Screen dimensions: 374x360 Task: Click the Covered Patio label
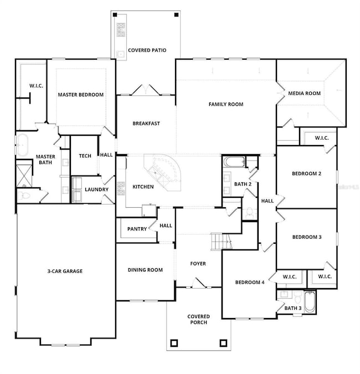coord(147,50)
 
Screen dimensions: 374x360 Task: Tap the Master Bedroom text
coord(81,95)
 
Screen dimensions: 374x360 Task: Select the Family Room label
coord(225,104)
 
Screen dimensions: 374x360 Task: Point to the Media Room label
coord(304,94)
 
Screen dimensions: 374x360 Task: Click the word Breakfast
coord(146,123)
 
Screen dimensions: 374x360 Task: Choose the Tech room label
coord(85,156)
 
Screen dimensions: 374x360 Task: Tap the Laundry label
coord(96,189)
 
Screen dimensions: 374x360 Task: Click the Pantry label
coord(136,228)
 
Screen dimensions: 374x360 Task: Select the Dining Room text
coord(145,270)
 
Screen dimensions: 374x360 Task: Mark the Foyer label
coord(198,264)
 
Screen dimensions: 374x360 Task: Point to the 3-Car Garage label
coord(65,271)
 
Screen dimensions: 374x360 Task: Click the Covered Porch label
coord(198,319)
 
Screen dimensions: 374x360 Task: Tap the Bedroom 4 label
coord(250,282)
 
